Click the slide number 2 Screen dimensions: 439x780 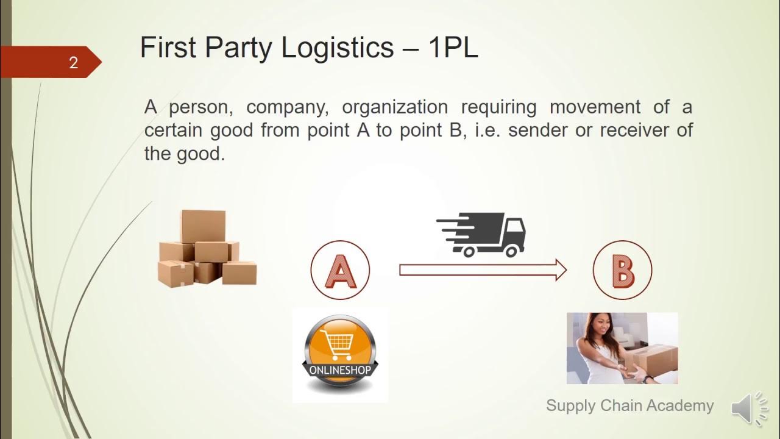[73, 62]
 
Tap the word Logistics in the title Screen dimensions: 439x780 [337, 48]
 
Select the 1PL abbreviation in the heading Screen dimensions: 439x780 [453, 48]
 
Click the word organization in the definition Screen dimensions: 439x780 [394, 107]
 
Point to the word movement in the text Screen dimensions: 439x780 [595, 107]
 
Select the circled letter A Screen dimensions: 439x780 [340, 270]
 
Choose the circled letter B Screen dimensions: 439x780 [622, 270]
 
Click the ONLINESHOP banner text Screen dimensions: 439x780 [340, 370]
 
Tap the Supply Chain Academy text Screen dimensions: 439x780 [629, 405]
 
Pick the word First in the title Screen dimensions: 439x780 [168, 48]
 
